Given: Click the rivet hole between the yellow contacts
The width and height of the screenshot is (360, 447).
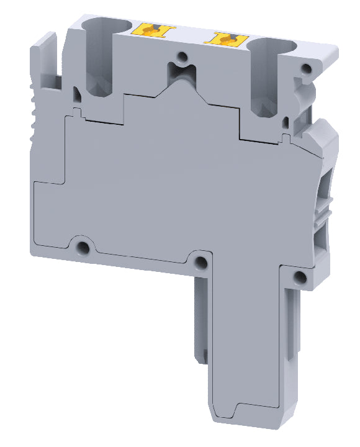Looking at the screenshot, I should pyautogui.click(x=182, y=57).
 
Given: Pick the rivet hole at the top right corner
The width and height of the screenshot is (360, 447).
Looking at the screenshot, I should pyautogui.click(x=306, y=70).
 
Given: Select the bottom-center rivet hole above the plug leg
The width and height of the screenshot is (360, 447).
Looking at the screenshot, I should pyautogui.click(x=200, y=263).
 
